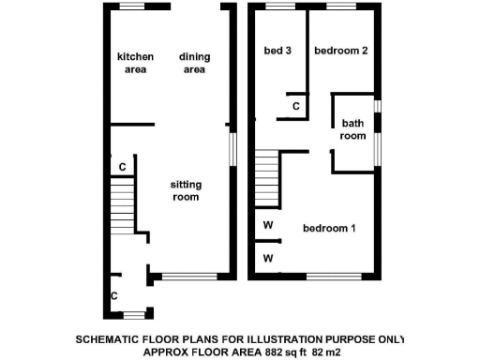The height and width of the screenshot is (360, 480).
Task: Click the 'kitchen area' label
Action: pyautogui.click(x=135, y=63)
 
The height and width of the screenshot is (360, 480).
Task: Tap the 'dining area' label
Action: pyautogui.click(x=194, y=63)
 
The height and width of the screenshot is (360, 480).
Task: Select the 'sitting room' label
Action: pyautogui.click(x=186, y=191)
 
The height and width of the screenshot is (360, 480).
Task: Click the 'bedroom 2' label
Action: pyautogui.click(x=337, y=51)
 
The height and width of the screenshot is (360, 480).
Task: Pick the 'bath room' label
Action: pyautogui.click(x=352, y=129)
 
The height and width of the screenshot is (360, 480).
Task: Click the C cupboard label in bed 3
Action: pyautogui.click(x=296, y=107)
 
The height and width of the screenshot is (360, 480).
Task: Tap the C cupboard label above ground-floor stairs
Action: pyautogui.click(x=122, y=168)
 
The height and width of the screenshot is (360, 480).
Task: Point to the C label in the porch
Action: pyautogui.click(x=114, y=296)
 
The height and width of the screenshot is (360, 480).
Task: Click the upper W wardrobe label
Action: pyautogui.click(x=267, y=226)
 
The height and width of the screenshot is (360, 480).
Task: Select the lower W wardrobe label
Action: pyautogui.click(x=267, y=258)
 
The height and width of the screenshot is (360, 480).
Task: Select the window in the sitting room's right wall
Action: pyautogui.click(x=232, y=146)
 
